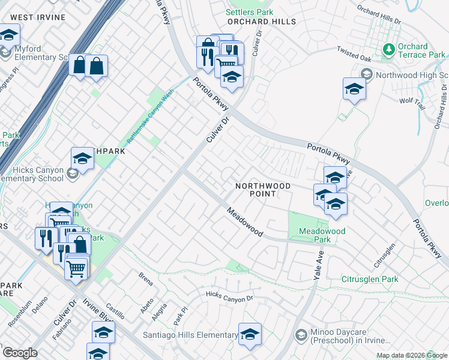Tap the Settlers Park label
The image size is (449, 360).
(x=249, y=12)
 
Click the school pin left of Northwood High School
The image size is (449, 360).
(x=354, y=90)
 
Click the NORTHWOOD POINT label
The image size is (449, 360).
(x=263, y=190)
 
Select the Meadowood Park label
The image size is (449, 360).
(x=322, y=235)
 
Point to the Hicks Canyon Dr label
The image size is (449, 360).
(x=230, y=296)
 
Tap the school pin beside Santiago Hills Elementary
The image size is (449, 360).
(x=250, y=335)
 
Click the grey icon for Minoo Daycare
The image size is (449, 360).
(x=302, y=335)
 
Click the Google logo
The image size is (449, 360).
(x=19, y=352)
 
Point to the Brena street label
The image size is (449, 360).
(x=145, y=280)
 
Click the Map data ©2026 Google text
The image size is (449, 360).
(x=411, y=355)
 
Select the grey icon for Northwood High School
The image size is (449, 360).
(x=366, y=74)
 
